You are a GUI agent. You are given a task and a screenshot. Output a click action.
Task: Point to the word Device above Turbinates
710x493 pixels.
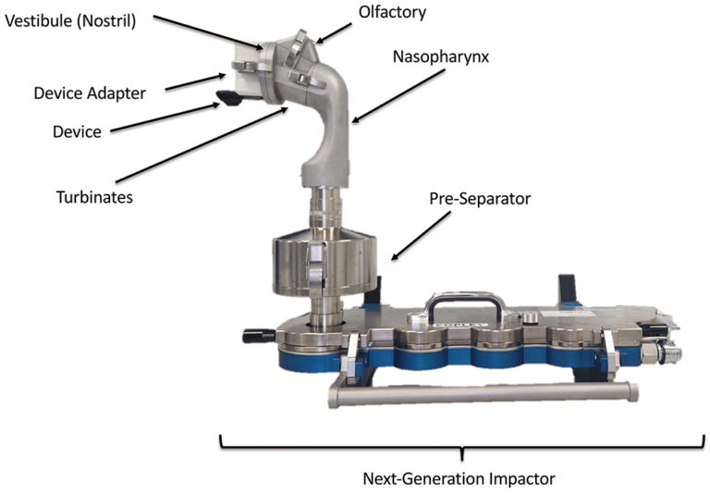(x=77, y=132)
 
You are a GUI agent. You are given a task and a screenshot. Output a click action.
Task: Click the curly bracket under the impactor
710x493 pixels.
(x=459, y=444)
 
